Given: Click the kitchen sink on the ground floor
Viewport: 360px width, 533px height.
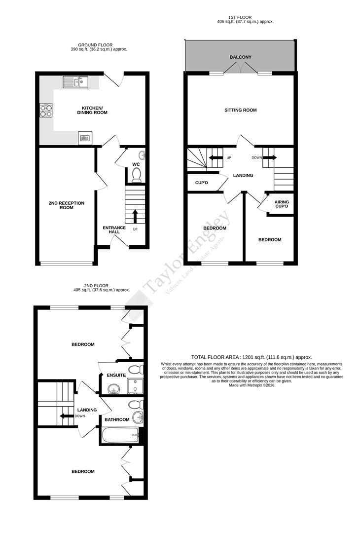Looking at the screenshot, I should pyautogui.click(x=75, y=81).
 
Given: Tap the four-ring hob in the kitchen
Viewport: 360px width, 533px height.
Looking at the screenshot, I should pyautogui.click(x=46, y=111).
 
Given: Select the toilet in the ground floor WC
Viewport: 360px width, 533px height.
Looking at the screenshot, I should pyautogui.click(x=137, y=174).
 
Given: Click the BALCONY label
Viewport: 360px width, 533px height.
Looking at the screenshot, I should pyautogui.click(x=241, y=57).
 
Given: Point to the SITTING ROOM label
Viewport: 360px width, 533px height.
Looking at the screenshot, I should pyautogui.click(x=240, y=110).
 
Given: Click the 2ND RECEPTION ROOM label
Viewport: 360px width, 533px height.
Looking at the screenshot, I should pyautogui.click(x=67, y=205).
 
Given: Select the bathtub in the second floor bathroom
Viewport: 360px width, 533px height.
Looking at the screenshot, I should pyautogui.click(x=120, y=435).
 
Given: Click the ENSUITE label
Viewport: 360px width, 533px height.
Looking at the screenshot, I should pyautogui.click(x=116, y=376).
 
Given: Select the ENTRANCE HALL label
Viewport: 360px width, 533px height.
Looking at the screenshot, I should pyautogui.click(x=114, y=230).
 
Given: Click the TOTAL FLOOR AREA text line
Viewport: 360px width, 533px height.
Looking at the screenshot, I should pyautogui.click(x=252, y=357).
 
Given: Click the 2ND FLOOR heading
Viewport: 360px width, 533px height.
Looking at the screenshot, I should pyautogui.click(x=96, y=285).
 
